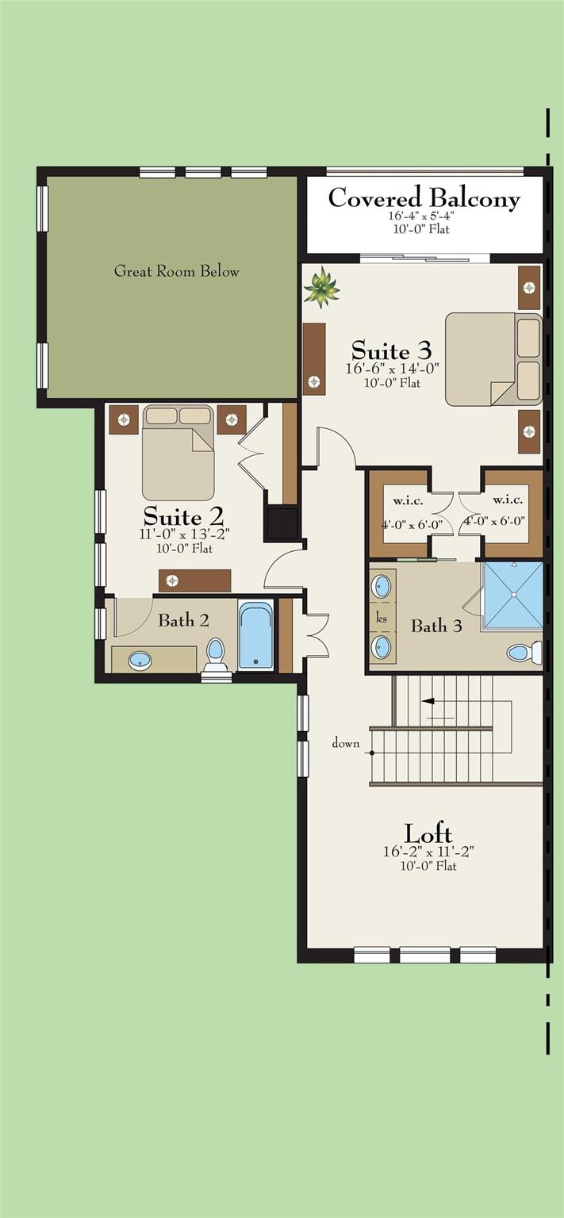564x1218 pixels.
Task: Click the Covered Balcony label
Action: point(424,197)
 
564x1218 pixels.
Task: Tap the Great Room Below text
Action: point(176,270)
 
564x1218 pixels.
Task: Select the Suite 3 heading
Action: point(392,350)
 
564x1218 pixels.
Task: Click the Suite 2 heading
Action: point(183,515)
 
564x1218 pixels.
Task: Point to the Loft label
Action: point(428,833)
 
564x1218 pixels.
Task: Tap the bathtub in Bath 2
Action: point(255,634)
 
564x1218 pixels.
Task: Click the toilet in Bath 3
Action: point(524,653)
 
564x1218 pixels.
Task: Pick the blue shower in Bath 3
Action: point(513,596)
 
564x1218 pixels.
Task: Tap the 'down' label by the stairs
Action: point(346,743)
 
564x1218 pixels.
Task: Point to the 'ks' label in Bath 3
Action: point(382,619)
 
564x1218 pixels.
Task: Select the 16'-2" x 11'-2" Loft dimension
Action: point(428,852)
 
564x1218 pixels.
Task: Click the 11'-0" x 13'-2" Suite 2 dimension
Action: point(184,534)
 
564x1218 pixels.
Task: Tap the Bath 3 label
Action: point(436,626)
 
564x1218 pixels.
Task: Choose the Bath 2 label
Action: point(183,620)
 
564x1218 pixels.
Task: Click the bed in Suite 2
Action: point(178,453)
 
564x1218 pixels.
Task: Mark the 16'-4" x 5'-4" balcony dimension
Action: point(421,216)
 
